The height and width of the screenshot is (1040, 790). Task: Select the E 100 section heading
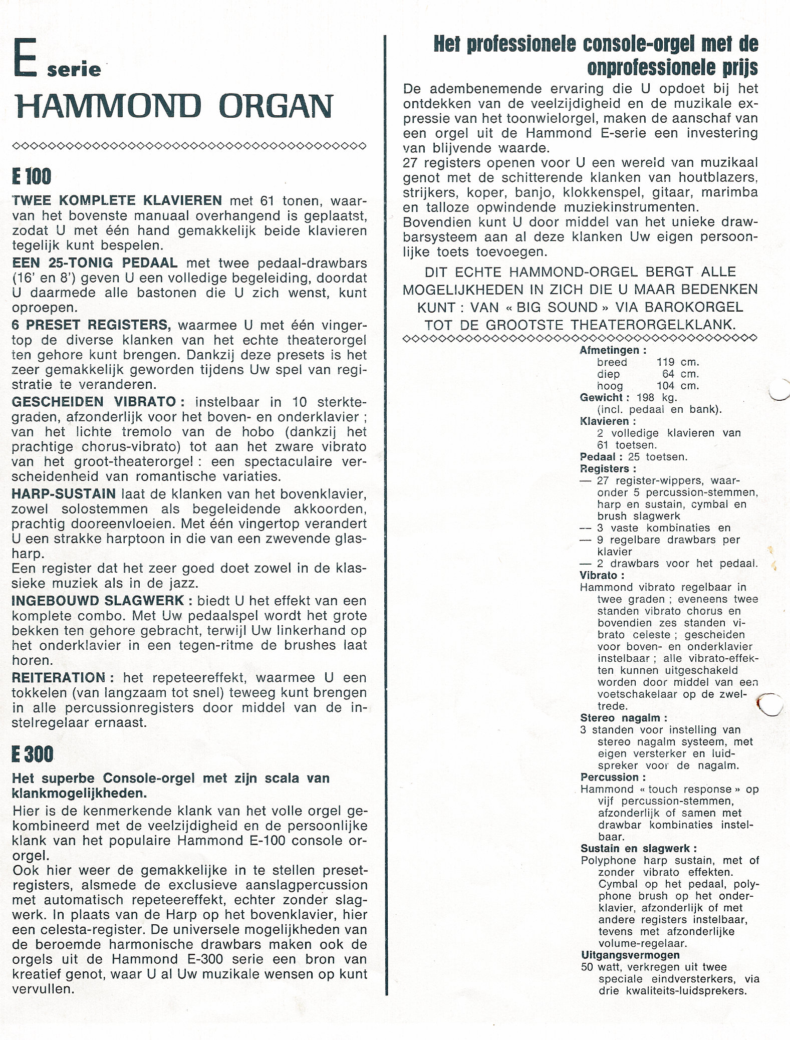click(32, 177)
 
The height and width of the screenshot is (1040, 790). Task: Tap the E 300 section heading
click(32, 754)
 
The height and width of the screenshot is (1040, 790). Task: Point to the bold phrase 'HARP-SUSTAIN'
click(64, 494)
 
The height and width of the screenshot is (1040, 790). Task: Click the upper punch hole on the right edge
click(779, 390)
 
